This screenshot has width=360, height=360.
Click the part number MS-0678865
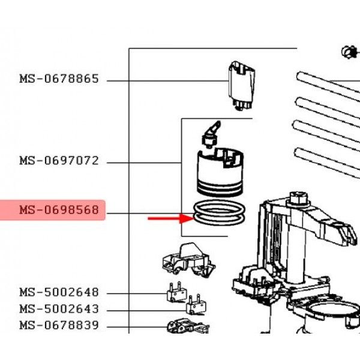click(58, 79)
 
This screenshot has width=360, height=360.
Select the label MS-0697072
click(58, 161)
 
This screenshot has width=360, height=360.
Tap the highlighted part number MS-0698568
click(58, 211)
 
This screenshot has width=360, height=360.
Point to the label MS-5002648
click(58, 293)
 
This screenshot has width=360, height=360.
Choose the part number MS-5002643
click(58, 310)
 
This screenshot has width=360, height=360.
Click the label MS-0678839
click(58, 326)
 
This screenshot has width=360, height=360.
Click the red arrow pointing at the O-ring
click(166, 218)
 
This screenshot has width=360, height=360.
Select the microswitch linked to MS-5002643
click(196, 306)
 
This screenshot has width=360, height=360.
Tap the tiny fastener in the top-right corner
click(347, 53)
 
